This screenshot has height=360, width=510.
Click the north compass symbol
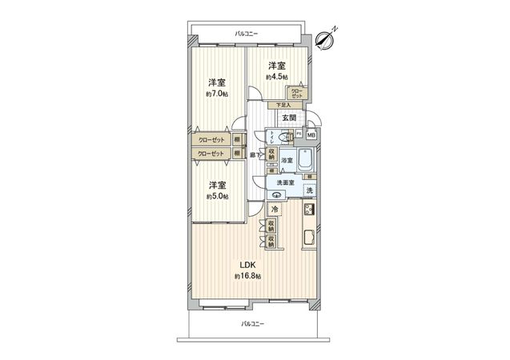[x=325, y=37]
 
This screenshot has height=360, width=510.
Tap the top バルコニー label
[x=246, y=34]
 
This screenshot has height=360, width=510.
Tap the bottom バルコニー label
[x=252, y=323]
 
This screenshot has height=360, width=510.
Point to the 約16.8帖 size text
[x=247, y=277]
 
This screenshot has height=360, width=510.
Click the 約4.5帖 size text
[x=277, y=77]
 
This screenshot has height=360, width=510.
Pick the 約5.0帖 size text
[x=217, y=196]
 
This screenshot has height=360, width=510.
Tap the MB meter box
[x=311, y=135]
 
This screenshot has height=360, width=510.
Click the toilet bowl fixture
[x=278, y=137]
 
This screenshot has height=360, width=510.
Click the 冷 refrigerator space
[x=275, y=210]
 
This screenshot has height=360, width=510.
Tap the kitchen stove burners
[x=309, y=211]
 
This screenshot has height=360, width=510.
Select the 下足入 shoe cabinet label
[x=283, y=104]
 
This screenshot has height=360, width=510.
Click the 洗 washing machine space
[x=309, y=190]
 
